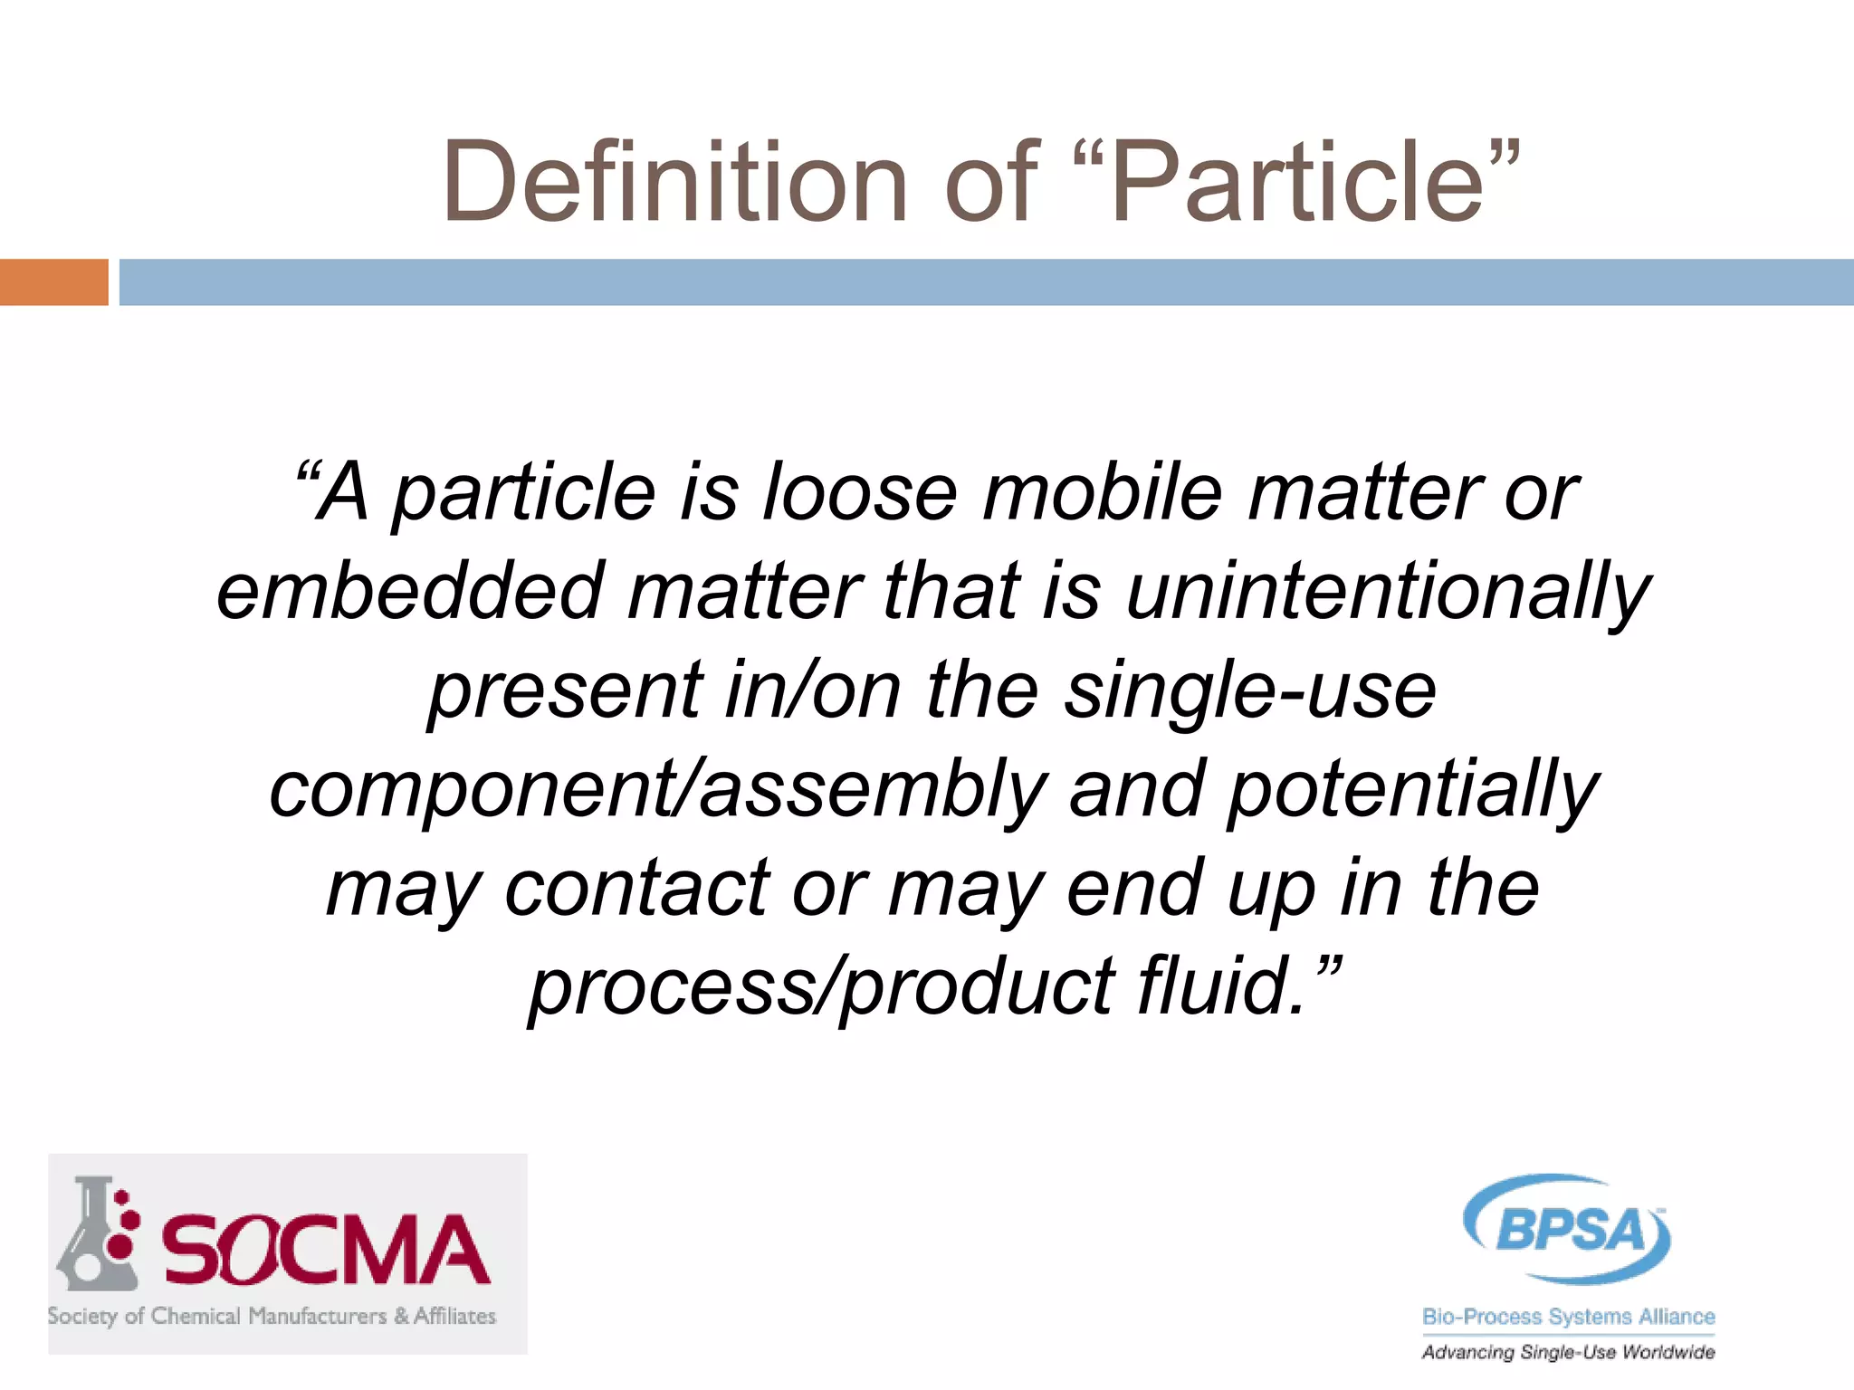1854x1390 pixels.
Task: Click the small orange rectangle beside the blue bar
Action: click(x=53, y=282)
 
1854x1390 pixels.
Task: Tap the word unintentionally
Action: click(x=1389, y=594)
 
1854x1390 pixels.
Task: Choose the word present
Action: click(x=565, y=692)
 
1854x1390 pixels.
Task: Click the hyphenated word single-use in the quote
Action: click(x=1249, y=692)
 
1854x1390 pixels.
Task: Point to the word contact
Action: click(x=637, y=889)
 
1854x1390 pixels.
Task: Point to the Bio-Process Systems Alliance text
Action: click(x=1568, y=1317)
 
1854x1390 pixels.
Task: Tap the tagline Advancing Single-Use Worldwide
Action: click(x=1568, y=1352)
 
